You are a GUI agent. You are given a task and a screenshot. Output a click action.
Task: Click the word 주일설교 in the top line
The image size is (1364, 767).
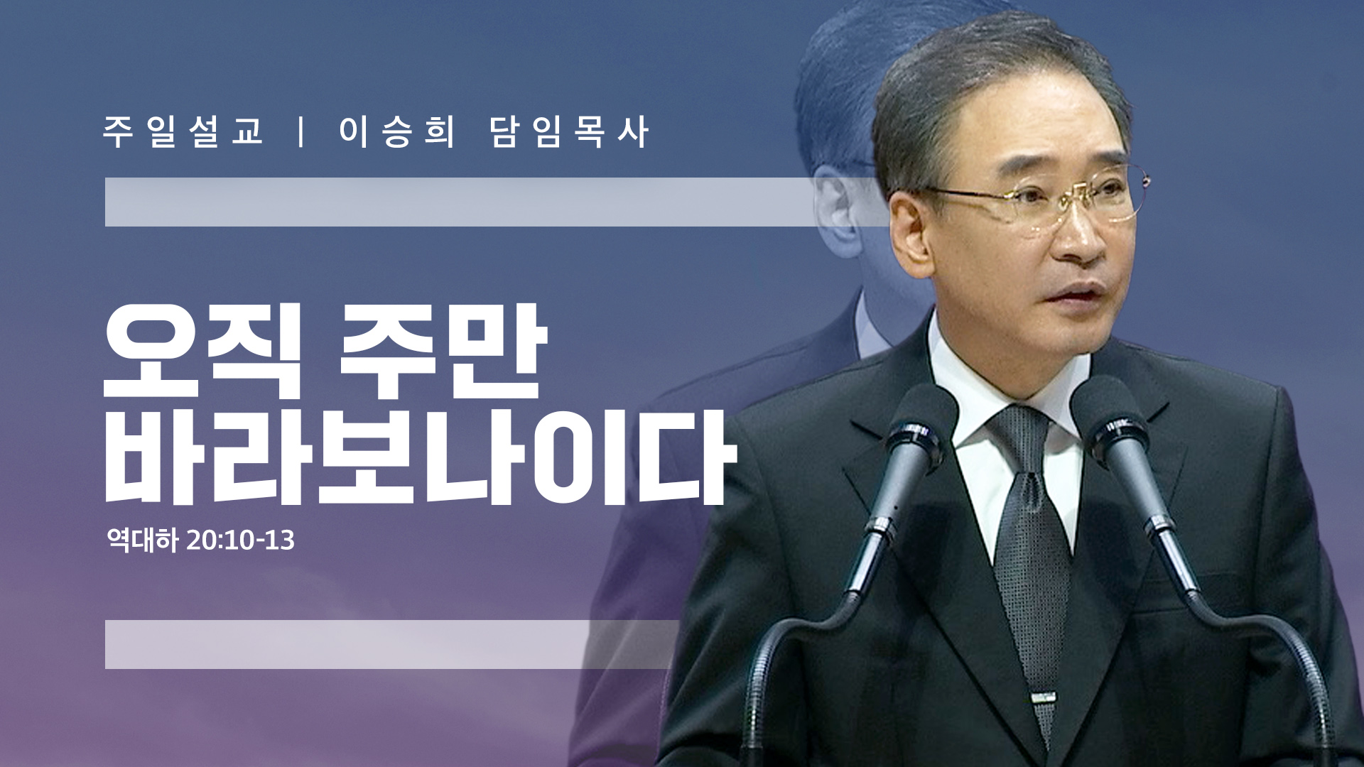point(183,131)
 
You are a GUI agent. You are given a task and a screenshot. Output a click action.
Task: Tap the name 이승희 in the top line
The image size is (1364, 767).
point(396,131)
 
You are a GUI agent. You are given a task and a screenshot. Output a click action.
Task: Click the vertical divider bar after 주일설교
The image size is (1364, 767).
point(302,131)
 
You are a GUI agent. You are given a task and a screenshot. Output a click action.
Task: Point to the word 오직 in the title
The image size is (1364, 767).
point(203,352)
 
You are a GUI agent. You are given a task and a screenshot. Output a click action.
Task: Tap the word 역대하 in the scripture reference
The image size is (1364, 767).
point(142,540)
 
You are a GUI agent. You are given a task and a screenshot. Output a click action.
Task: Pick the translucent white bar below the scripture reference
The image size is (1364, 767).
point(391,644)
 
